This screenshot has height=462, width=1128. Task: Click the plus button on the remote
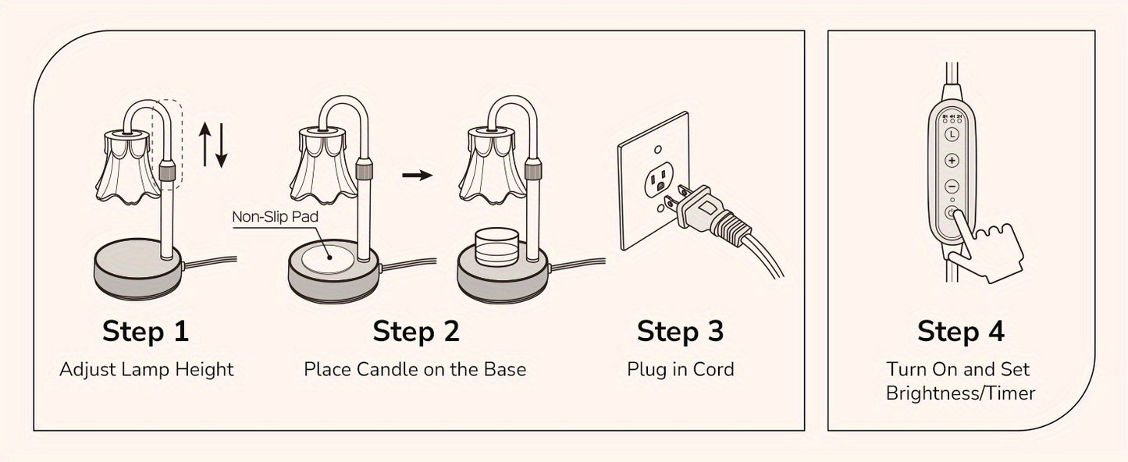coord(952,161)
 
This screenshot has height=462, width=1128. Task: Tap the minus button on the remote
coord(952,187)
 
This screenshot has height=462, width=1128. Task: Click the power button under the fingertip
coord(952,212)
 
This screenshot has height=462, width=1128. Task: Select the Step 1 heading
coord(146,331)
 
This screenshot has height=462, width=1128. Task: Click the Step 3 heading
coord(680,331)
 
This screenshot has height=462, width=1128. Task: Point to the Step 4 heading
coord(960,331)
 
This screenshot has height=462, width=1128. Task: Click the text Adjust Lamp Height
coord(146,369)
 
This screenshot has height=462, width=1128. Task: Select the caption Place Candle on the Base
coord(415,369)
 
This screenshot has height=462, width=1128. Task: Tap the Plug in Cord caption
coord(680,369)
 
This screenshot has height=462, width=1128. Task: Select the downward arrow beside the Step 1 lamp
coord(222,146)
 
